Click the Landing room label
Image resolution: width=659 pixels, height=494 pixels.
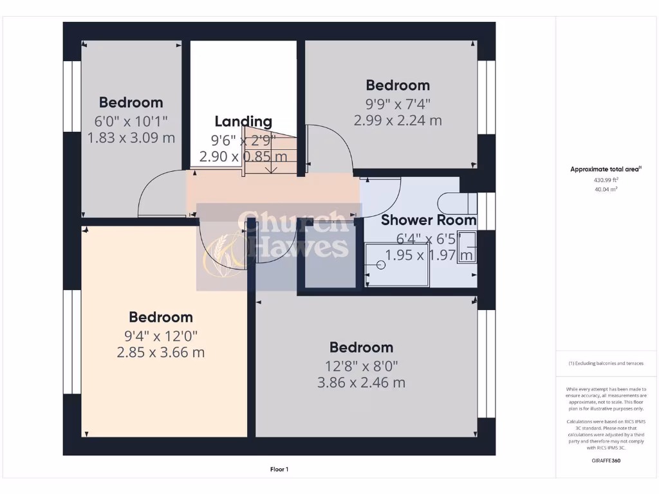243,121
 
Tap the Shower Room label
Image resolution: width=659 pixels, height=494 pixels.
429,220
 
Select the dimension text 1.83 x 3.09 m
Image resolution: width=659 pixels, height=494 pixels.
131,137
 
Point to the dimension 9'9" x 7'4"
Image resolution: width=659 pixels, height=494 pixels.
398,103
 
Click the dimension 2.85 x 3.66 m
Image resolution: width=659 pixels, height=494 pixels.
161,352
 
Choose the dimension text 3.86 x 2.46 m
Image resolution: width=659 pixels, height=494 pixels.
361,383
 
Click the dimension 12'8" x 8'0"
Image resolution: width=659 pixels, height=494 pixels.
361,365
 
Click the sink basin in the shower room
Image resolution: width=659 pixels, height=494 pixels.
467,248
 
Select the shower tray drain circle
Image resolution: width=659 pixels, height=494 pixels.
380,264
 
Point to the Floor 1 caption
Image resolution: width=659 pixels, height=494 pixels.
279,470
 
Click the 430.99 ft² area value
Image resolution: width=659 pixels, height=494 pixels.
606,181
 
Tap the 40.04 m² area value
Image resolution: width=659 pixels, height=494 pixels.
606,190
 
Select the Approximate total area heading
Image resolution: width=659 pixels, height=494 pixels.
605,170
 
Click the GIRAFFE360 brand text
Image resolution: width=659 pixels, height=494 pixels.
606,461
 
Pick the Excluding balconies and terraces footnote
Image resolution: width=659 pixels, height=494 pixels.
606,363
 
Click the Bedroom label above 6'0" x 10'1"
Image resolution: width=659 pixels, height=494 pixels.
131,102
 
